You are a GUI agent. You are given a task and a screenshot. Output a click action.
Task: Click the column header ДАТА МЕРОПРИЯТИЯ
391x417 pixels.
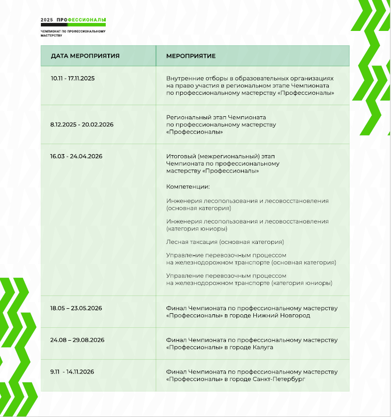pos(85,56)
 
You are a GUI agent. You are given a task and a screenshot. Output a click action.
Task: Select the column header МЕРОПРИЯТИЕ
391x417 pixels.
pos(191,56)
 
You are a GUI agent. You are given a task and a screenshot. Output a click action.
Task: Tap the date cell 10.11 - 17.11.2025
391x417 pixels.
pos(73,78)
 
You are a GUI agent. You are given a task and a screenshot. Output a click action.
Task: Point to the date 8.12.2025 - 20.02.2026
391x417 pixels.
pos(82,124)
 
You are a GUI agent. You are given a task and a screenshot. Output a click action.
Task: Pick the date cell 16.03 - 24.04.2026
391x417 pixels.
pos(76,156)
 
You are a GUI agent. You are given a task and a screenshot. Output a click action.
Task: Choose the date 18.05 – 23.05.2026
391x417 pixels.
pos(76,308)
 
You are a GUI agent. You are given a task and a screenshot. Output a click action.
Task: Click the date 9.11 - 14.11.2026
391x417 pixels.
pos(73,372)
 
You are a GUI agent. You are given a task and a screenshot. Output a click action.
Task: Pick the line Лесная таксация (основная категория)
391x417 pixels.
pos(225,242)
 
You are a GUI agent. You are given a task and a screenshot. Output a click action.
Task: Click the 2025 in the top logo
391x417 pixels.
pos(47,20)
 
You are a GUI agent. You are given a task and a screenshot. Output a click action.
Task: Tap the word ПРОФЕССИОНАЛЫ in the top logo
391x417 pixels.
pos(81,20)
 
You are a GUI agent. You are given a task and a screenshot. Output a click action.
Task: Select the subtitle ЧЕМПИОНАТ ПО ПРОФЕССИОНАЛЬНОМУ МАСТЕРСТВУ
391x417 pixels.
pos(73,33)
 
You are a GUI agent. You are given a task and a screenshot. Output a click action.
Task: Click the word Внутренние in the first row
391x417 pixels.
pos(182,78)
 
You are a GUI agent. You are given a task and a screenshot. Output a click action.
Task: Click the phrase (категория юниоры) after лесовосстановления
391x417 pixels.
pos(197,228)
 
